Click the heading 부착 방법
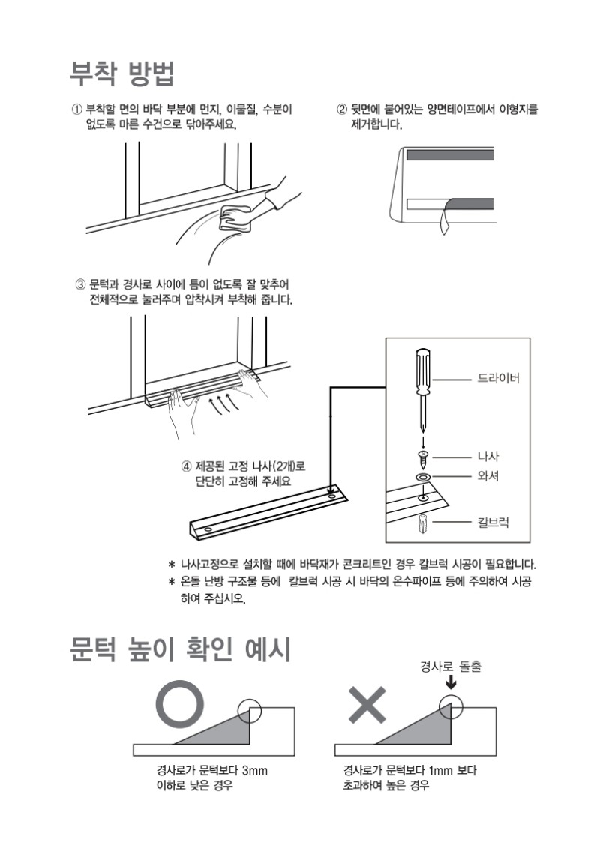pos(122,73)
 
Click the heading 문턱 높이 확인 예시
pos(180,649)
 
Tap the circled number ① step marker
pos(77,109)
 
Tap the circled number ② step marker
pos(342,109)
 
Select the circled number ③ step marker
pos(81,284)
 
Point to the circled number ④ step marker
pos(186,466)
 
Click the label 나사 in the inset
pos(488,457)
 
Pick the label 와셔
pos(488,476)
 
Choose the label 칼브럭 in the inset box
pos(493,523)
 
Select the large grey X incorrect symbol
pos(367,705)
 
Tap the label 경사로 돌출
pos(451,667)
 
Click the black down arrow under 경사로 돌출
pos(451,684)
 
